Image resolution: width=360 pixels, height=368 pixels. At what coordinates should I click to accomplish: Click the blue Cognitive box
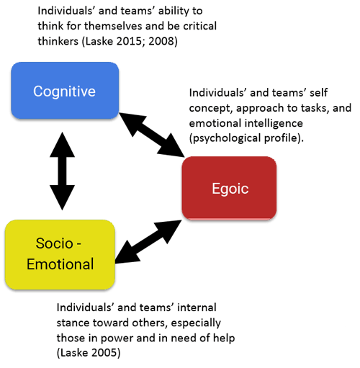point(65,91)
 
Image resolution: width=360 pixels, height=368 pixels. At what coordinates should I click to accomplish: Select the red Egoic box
point(229,188)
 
